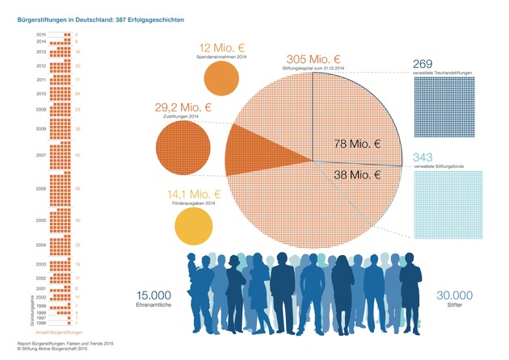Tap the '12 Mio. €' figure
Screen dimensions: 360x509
point(211,48)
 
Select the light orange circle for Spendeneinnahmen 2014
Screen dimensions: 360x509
point(221,78)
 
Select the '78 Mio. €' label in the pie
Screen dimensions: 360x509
point(358,144)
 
